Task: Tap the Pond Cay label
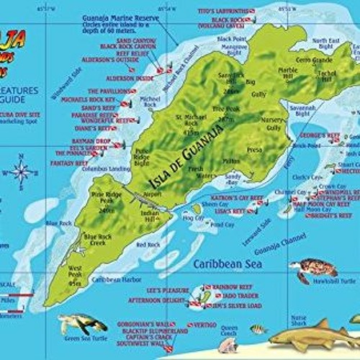(x=225, y=225)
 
